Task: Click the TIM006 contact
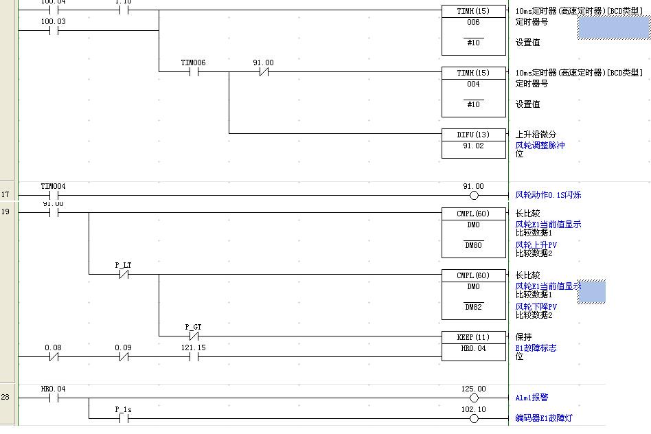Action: [x=193, y=71]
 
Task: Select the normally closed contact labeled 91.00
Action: [x=263, y=71]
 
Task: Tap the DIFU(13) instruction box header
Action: [x=473, y=135]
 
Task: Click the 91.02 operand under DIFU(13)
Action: [x=473, y=146]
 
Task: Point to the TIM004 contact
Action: [x=54, y=195]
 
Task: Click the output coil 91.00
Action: [x=473, y=195]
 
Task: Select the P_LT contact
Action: [x=124, y=274]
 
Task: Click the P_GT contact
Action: [x=193, y=336]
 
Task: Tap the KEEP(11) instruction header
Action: [x=473, y=337]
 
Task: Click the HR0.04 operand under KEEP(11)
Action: [x=473, y=348]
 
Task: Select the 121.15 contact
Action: [x=193, y=356]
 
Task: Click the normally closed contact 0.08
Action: [x=54, y=356]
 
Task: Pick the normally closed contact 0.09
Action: [x=124, y=356]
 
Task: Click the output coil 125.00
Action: [x=473, y=398]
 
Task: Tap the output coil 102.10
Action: [x=473, y=418]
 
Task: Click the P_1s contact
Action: [x=124, y=418]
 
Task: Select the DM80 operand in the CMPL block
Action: [x=473, y=245]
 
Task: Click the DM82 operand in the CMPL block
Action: [x=473, y=307]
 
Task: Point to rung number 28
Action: [x=5, y=398]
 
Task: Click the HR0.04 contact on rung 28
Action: [x=54, y=398]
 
